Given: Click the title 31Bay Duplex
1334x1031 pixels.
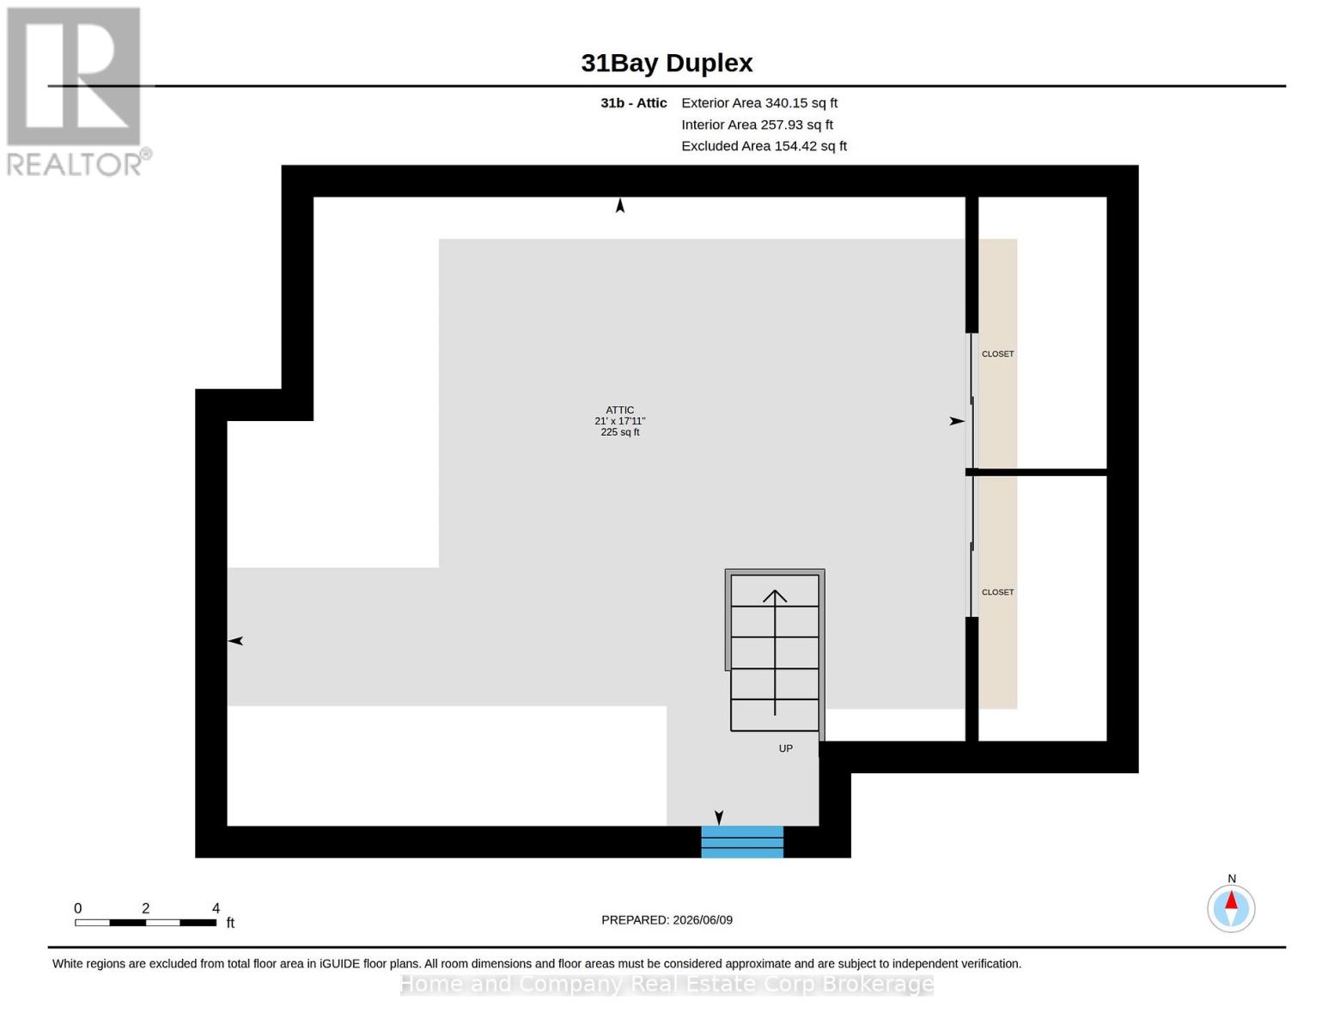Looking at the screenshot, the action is (667, 64).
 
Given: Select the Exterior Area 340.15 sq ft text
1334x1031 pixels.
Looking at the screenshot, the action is (759, 103).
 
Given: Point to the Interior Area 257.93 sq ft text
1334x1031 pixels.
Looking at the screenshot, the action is (757, 125).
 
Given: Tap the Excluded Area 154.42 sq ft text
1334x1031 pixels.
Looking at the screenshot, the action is (764, 146).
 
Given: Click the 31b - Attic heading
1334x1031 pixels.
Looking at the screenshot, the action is (634, 103).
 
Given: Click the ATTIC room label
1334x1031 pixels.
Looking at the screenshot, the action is (620, 410).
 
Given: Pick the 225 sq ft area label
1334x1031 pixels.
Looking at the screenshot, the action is (620, 431).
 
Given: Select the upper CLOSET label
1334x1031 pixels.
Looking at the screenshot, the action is (997, 354).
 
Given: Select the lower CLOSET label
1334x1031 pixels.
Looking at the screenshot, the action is (997, 592).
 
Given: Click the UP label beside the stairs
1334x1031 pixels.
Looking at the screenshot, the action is (786, 748).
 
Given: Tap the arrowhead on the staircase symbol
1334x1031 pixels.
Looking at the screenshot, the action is (775, 595).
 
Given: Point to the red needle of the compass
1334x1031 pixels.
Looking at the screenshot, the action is (1231, 900).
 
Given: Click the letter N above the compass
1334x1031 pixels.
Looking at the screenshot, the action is (1232, 879).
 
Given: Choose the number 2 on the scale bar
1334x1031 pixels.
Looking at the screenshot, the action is (145, 908).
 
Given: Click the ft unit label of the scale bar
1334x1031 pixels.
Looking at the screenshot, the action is (230, 922).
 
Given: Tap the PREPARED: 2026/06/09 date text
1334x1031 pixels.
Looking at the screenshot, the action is (667, 920).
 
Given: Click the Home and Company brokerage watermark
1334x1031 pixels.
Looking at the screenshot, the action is (667, 984).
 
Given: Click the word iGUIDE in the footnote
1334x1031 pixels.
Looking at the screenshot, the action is (339, 963).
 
